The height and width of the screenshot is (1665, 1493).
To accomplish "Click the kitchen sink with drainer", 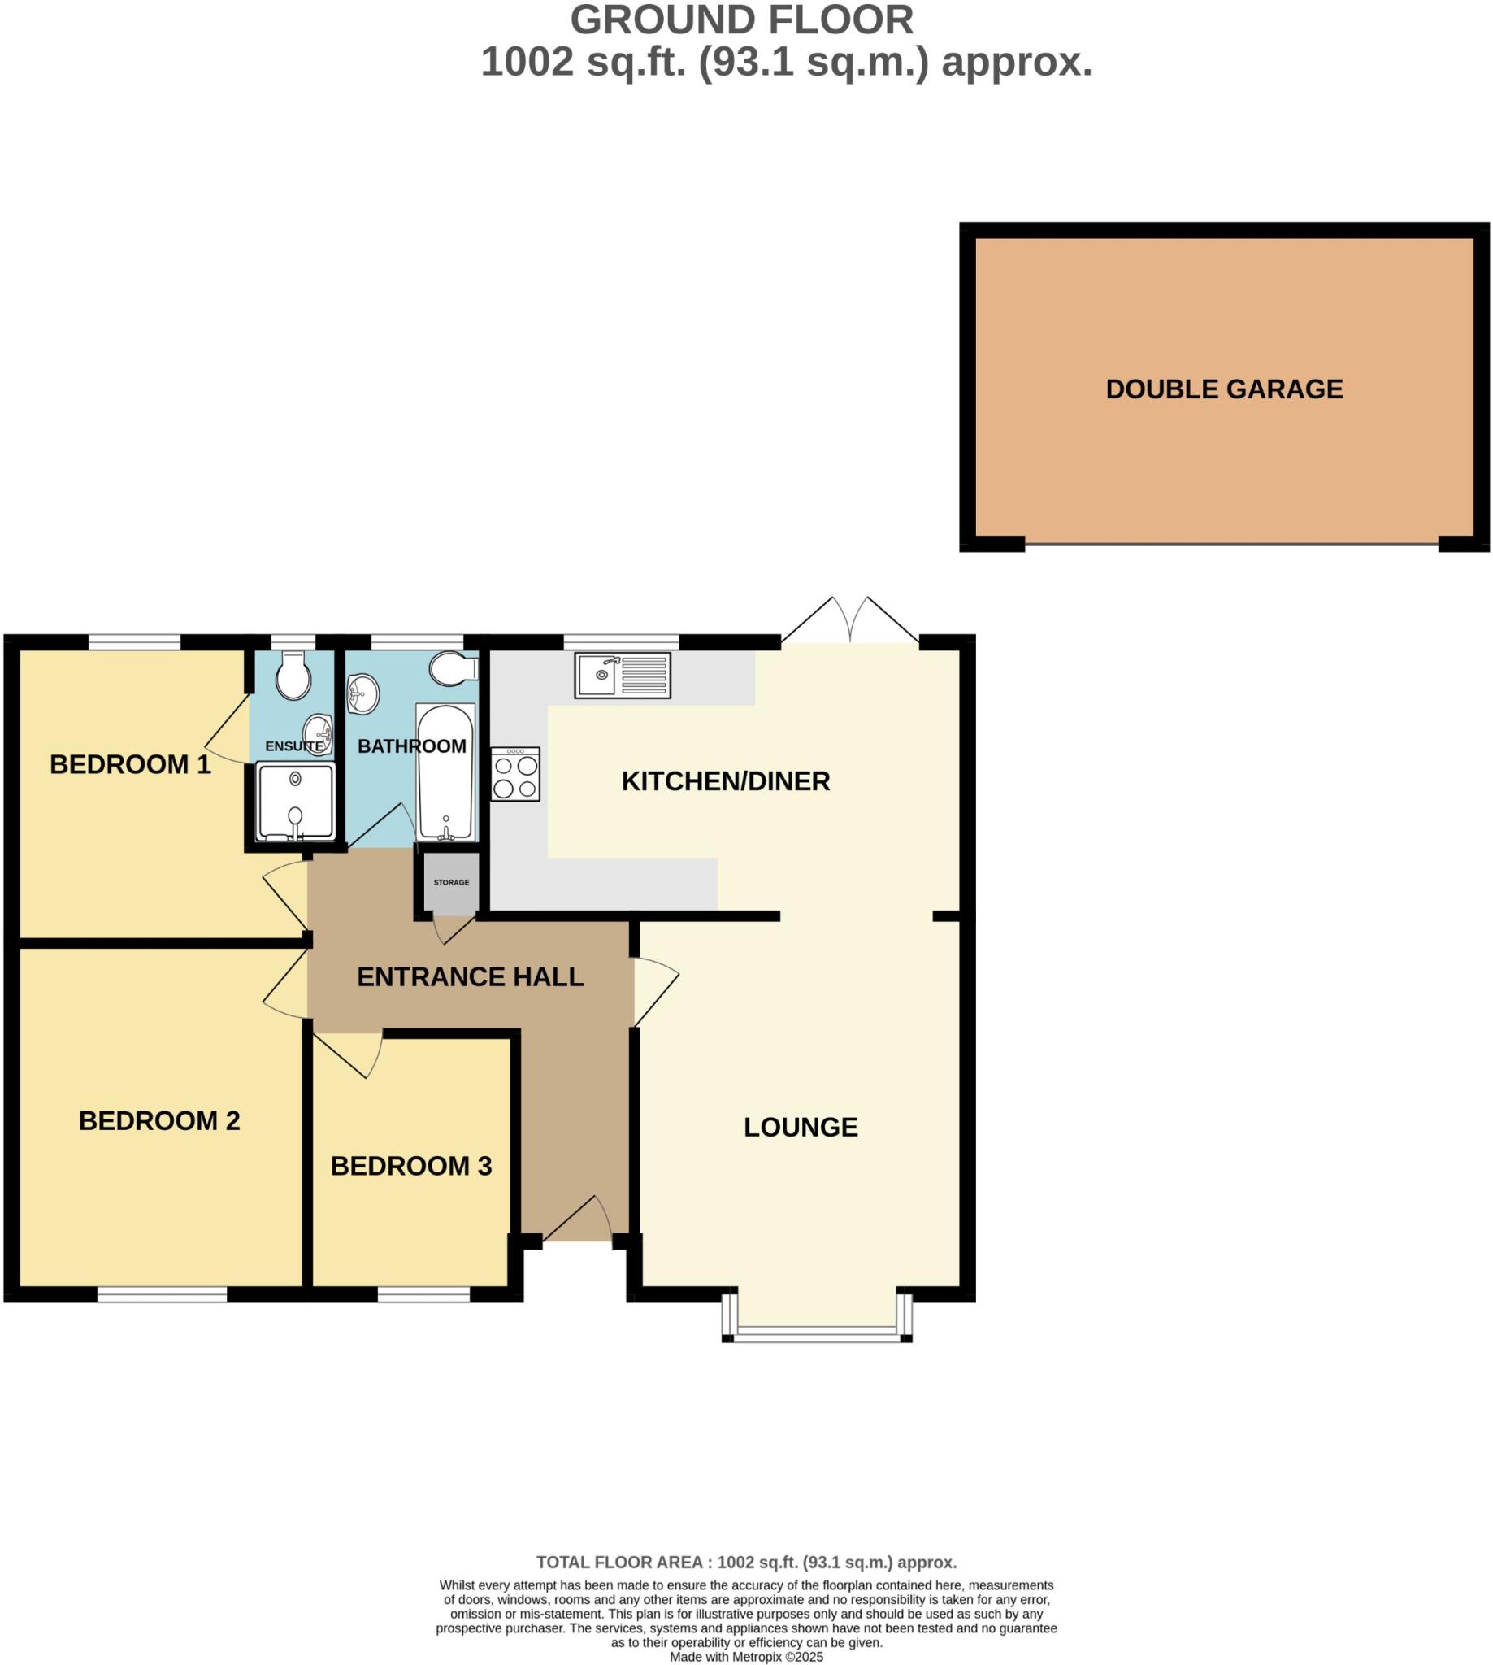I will [622, 676].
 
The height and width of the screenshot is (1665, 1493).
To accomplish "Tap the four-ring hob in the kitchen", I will [515, 775].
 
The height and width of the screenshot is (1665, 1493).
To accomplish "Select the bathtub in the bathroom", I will [445, 772].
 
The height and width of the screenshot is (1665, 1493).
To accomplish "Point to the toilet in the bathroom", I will [452, 669].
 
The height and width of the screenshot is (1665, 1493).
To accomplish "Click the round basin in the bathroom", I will [362, 694].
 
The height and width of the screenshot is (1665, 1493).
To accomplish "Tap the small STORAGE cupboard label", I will [451, 882].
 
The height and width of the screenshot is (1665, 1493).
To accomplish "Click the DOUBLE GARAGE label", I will [1224, 389].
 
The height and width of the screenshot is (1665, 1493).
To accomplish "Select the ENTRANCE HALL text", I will [470, 976].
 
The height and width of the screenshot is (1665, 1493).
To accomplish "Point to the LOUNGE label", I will [801, 1127].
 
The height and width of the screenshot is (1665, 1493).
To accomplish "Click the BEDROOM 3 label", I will [411, 1165].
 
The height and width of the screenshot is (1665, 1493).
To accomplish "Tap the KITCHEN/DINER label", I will [725, 781].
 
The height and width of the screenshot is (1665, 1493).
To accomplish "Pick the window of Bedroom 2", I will [162, 1294].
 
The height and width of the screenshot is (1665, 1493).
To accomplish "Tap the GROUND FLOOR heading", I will [741, 20].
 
